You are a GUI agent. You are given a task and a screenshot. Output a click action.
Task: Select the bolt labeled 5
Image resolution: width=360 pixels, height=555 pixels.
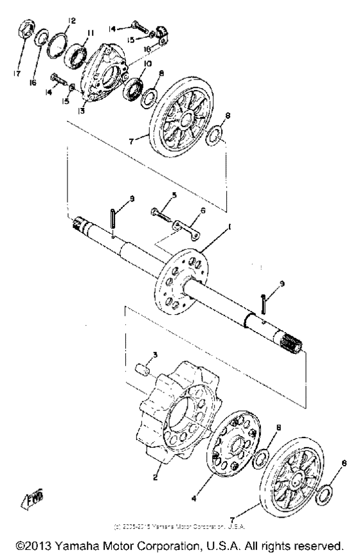pyautogui.click(x=157, y=211)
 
